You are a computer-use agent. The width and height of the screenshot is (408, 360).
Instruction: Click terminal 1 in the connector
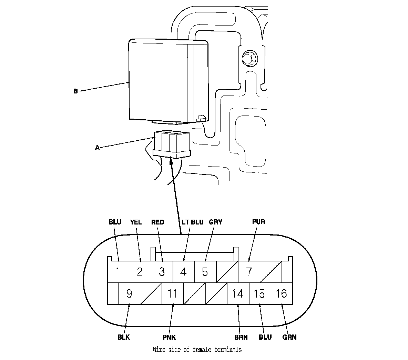tap(118, 272)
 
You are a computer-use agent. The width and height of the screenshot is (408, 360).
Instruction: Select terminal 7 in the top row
tap(249, 272)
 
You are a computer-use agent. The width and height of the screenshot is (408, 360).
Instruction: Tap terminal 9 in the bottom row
tap(129, 293)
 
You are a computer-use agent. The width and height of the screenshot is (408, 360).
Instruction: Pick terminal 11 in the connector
tap(173, 293)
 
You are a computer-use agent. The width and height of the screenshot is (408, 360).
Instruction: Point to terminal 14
tap(238, 293)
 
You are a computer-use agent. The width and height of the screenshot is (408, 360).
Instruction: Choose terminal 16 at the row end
tap(282, 293)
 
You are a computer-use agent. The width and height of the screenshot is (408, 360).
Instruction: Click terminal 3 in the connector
tap(162, 272)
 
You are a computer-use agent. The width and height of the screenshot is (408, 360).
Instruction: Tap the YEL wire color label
tap(136, 222)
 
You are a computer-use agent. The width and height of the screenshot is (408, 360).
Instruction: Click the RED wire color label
tap(157, 222)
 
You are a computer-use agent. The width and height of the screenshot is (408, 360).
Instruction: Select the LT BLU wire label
tap(192, 222)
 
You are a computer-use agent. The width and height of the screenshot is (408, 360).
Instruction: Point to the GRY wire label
tap(216, 222)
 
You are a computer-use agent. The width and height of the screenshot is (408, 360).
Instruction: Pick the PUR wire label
tap(258, 222)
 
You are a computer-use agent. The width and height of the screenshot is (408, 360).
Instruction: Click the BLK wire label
tap(123, 337)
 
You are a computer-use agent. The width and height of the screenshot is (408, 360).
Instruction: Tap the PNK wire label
tap(169, 337)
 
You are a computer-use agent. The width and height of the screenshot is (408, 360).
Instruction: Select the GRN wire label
tap(289, 337)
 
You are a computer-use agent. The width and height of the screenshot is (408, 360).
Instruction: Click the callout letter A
tap(97, 148)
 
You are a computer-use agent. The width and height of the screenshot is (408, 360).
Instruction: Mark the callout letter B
tap(75, 91)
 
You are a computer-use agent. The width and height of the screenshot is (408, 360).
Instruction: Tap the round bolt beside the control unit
tap(249, 59)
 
